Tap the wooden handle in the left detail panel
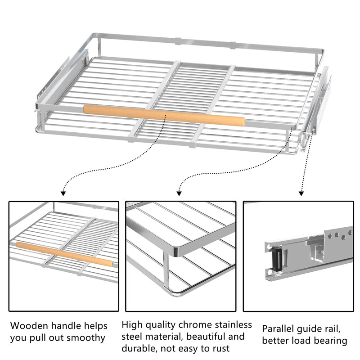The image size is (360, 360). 63,253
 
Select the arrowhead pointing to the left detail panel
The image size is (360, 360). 63,193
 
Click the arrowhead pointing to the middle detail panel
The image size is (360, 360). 179,193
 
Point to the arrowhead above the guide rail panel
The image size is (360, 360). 301,193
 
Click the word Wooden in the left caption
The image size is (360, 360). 28,325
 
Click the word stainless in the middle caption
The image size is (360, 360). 232,324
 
